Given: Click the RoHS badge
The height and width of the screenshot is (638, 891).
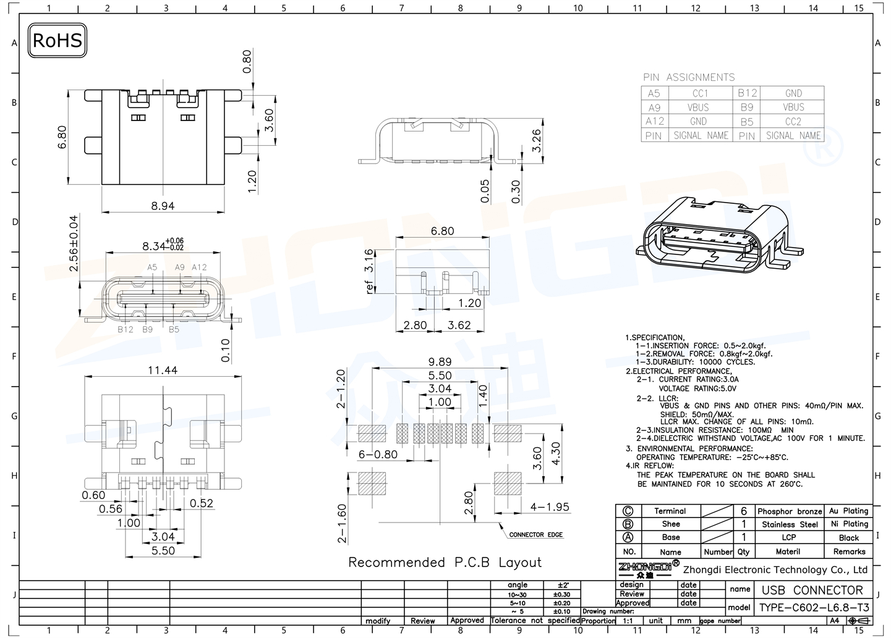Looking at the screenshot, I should pos(57,41).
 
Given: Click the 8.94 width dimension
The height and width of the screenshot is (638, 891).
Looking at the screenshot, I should pos(163,206).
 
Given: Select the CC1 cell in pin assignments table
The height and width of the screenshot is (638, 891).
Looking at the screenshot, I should pos(700,93).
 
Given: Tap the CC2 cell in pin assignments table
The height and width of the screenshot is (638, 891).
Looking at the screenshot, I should pos(793,122).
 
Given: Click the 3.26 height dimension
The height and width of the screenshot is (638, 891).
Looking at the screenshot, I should pos(536,140).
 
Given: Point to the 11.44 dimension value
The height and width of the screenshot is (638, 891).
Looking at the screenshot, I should pos(163,370).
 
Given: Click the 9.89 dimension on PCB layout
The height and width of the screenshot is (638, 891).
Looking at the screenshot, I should pos(440,362).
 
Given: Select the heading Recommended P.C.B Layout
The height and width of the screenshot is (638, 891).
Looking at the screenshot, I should pos(445,563).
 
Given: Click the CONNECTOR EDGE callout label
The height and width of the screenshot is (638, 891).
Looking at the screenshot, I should pos(535,534).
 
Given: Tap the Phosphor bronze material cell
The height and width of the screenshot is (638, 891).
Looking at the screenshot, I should pos(790,511).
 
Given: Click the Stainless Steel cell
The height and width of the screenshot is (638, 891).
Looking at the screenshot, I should pos(790,524).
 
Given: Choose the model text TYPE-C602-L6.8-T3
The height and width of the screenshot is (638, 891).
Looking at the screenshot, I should pos(813,607).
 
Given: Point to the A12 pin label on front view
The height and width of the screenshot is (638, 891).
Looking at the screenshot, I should pos(199,267).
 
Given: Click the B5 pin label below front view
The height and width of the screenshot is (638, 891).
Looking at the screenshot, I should pos(174,329).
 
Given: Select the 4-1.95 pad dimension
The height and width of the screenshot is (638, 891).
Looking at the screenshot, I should pos(549,507).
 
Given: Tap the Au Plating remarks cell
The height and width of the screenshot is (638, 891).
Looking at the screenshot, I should pos(848,511).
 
